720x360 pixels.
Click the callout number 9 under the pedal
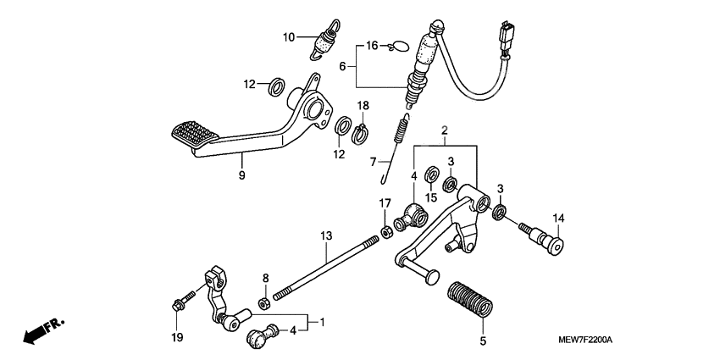pos(241,175)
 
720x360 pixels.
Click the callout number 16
pos(372,45)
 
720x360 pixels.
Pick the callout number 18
pos(363,105)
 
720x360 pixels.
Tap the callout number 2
pos(443,130)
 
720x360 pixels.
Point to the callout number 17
pos(385,203)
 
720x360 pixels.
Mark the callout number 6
pos(343,65)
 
